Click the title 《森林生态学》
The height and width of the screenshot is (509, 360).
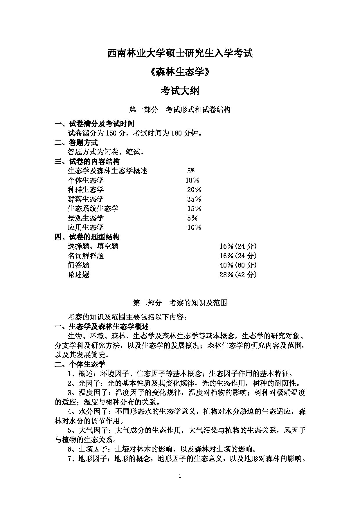[x=180, y=72]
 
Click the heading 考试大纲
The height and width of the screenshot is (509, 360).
[x=180, y=91]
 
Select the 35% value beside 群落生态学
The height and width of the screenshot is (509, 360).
[x=194, y=199]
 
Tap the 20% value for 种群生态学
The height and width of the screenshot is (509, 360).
[x=194, y=190]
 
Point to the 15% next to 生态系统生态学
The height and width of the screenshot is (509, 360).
[x=194, y=209]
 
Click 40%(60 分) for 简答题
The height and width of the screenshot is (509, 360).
[x=238, y=265]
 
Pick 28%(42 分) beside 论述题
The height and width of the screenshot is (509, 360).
[x=238, y=275]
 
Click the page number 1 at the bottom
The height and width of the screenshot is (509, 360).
[x=180, y=476]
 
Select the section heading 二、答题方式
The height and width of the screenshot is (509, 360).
[x=76, y=143]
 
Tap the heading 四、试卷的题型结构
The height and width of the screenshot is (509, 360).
[x=87, y=237]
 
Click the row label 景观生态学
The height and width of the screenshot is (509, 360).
[x=86, y=218]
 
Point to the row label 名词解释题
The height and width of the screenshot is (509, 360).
[x=86, y=256]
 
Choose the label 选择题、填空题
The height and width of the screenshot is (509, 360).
[x=93, y=246]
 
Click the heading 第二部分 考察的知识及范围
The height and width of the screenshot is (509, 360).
[x=180, y=303]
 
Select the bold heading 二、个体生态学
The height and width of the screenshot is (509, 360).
[x=80, y=364]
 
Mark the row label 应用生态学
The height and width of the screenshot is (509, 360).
[x=86, y=228]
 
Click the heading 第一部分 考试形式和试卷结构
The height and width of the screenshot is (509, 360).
[x=180, y=110]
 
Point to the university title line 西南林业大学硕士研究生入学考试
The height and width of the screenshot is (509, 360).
[x=180, y=53]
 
